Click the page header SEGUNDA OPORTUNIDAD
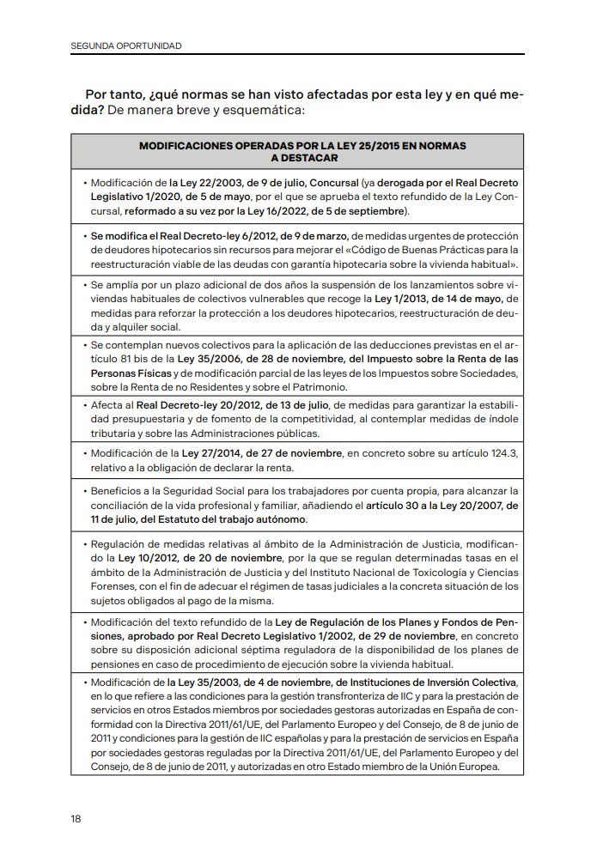click(x=125, y=45)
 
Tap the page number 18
click(x=76, y=818)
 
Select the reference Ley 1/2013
click(x=399, y=299)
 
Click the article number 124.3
click(x=502, y=453)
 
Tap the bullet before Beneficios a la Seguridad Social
click(x=85, y=493)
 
